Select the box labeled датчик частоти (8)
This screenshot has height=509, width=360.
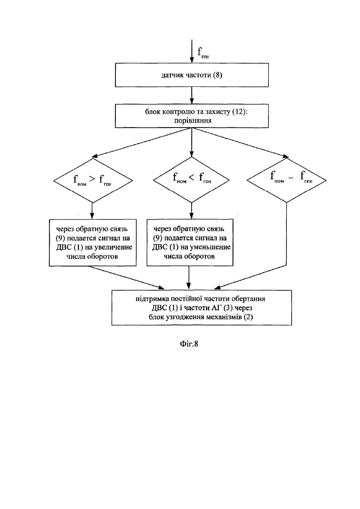click(x=192, y=75)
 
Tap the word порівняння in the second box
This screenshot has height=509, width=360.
click(x=193, y=120)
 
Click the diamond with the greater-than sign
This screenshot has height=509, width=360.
click(x=93, y=180)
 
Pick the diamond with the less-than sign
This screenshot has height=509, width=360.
click(x=191, y=180)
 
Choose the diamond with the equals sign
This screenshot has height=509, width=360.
click(x=286, y=180)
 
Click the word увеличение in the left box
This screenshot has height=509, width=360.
click(x=113, y=247)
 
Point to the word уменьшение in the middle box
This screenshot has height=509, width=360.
click(x=211, y=247)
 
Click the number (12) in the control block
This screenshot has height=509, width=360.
click(x=239, y=112)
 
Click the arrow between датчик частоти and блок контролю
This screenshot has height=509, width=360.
click(x=192, y=96)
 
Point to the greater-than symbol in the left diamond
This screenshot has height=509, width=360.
click(x=92, y=179)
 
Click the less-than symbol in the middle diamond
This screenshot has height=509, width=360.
click(x=191, y=178)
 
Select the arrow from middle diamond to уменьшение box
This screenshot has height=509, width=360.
click(x=191, y=211)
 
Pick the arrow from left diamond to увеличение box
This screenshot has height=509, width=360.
click(x=92, y=211)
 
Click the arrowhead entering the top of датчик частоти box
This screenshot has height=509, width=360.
click(x=192, y=60)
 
